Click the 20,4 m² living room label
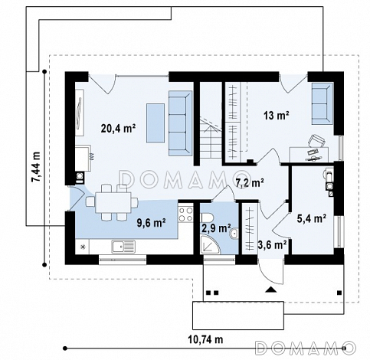point(118,128)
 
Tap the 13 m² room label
point(277,116)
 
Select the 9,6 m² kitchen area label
point(152,223)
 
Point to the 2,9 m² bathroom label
point(216,228)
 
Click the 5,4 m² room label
point(312,218)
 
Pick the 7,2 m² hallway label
point(250,183)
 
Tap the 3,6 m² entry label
point(272,244)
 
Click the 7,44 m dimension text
point(36,167)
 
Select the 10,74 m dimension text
point(205,339)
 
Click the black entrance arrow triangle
point(271,290)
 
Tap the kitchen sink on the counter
point(123,247)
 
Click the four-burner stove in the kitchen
point(185,214)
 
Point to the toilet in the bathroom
point(208,218)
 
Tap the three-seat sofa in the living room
point(180,123)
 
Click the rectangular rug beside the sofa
point(156,123)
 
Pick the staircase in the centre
point(210,138)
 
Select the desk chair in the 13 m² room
point(316,141)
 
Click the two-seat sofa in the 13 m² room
point(323,103)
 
